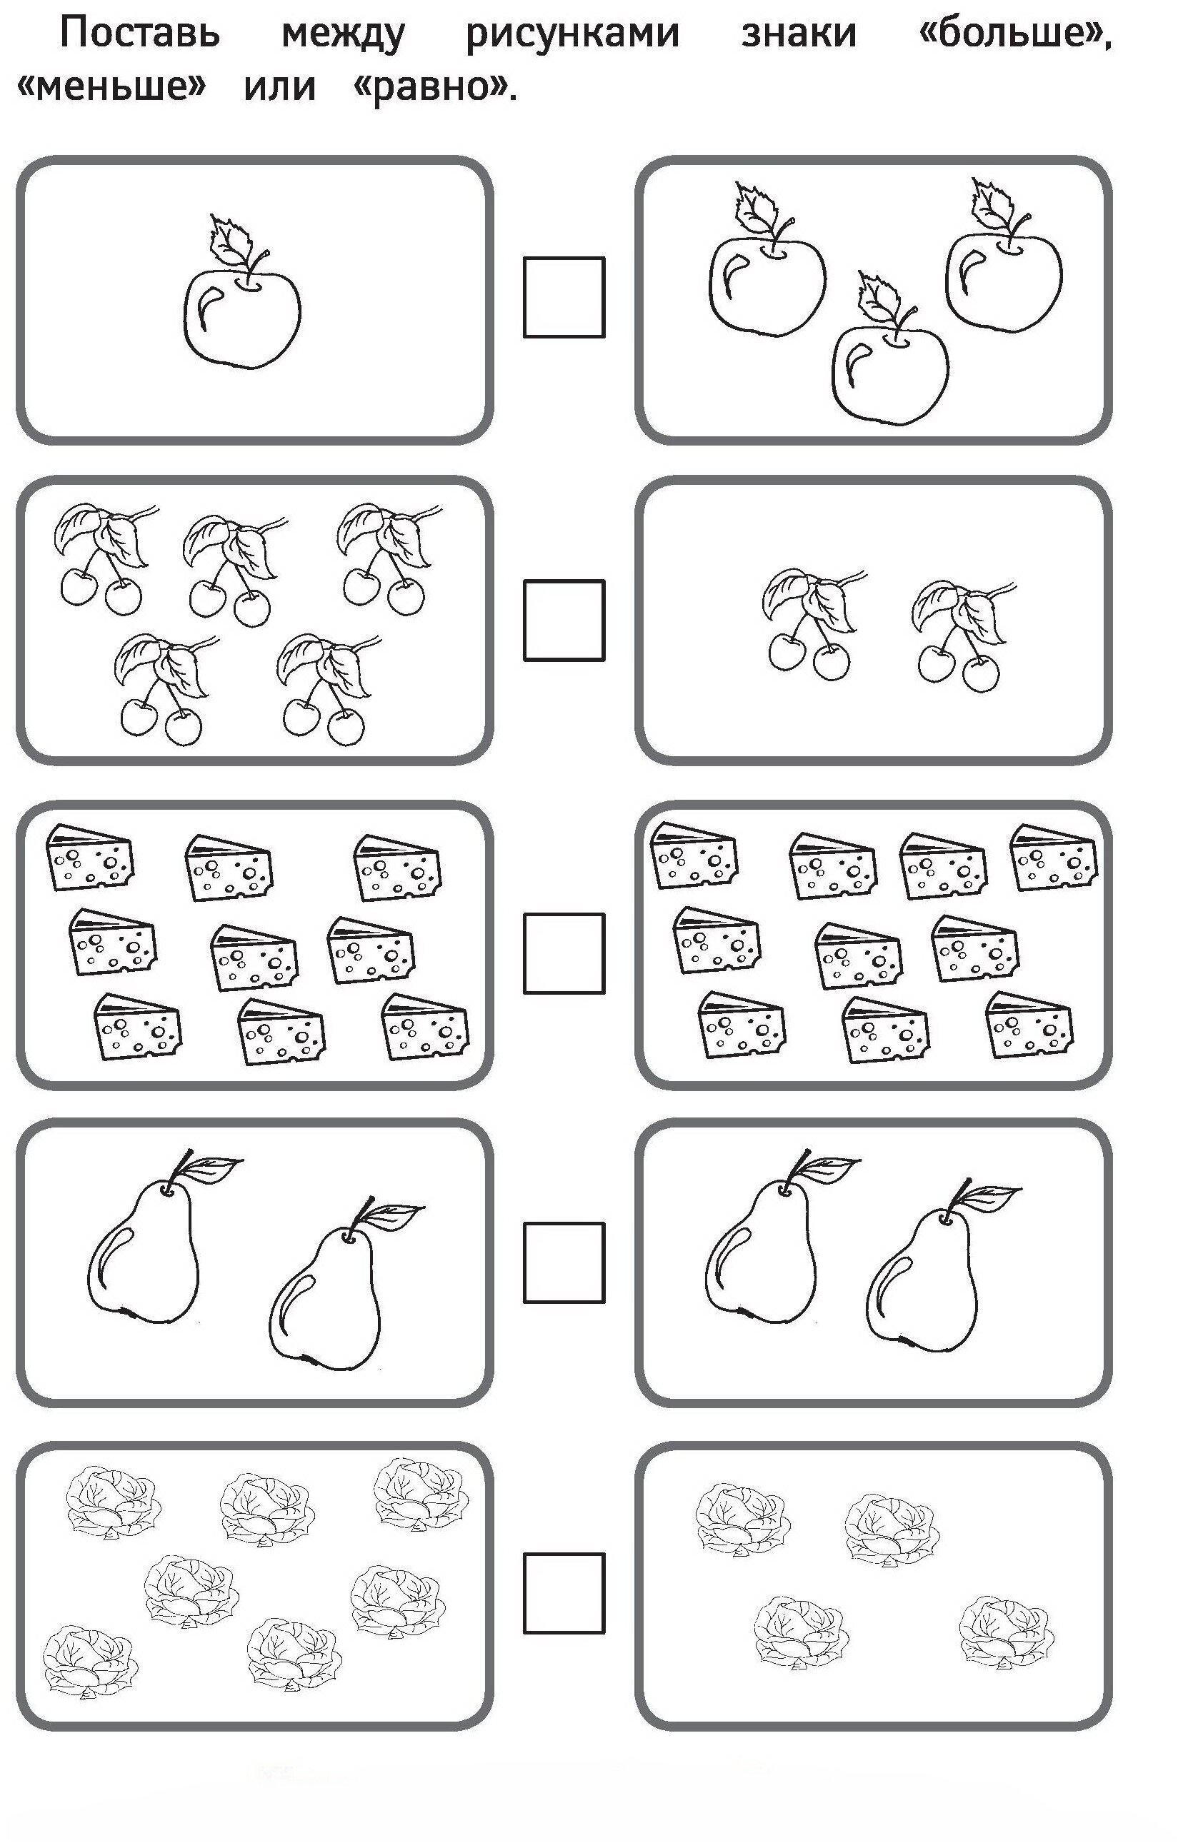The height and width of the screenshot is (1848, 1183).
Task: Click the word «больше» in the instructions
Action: point(1015,33)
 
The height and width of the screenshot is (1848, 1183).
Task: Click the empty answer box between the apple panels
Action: point(564,297)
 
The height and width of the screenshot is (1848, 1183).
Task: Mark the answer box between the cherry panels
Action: point(564,621)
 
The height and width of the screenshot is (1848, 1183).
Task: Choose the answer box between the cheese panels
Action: point(564,953)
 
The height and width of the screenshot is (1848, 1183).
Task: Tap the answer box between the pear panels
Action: point(564,1263)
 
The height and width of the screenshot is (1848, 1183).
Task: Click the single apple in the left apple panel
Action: point(241,293)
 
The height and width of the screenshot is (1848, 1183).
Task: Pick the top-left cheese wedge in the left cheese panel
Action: point(90,858)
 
